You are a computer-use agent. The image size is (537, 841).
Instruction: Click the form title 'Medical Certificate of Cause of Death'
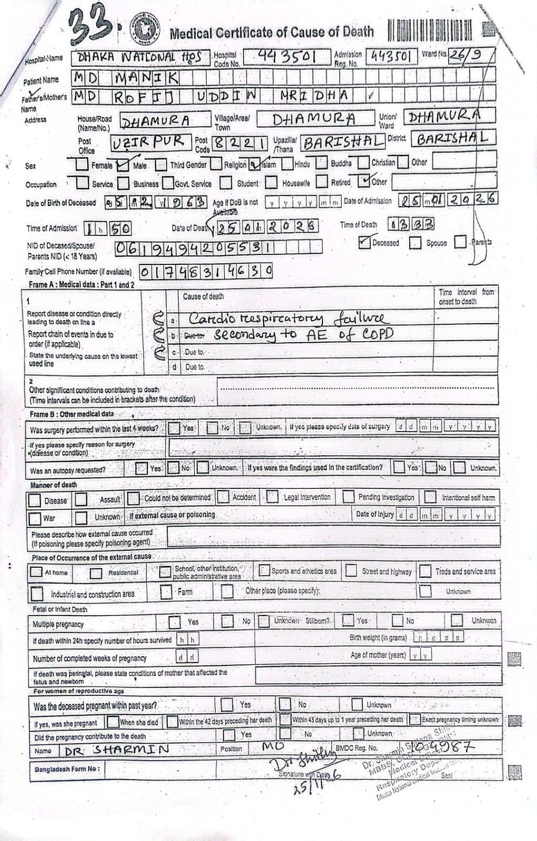point(271,33)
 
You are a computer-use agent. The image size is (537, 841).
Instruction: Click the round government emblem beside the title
point(140,33)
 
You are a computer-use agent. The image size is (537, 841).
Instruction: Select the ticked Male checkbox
point(123,165)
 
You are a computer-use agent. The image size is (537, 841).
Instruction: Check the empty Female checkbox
point(82,165)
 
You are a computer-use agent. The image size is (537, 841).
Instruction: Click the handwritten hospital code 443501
point(287,56)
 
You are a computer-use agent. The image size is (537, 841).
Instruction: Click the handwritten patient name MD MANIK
point(126,78)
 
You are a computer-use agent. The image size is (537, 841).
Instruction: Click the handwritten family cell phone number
point(206,271)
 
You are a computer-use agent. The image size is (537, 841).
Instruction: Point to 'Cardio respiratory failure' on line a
point(288,319)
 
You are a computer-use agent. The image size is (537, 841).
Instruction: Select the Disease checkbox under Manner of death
point(35,500)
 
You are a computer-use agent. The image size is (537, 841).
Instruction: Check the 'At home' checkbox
point(36,572)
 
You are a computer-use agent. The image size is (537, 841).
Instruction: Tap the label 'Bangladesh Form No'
point(67,769)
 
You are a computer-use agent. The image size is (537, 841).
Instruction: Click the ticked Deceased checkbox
point(364,242)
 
